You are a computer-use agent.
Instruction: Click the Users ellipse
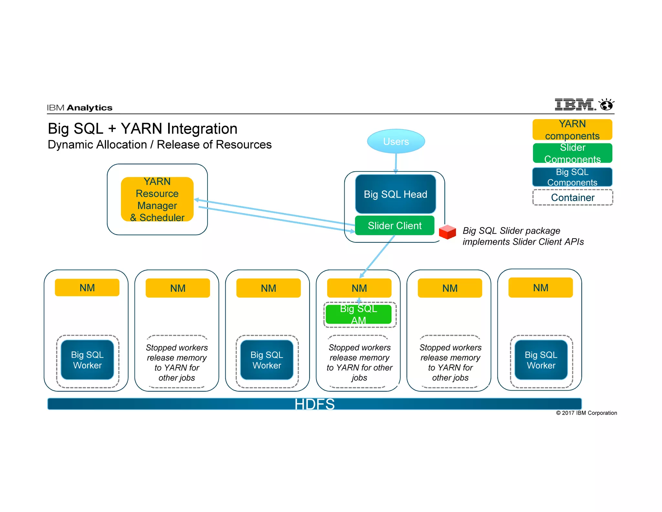[x=396, y=141]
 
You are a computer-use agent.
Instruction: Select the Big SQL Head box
[x=395, y=194]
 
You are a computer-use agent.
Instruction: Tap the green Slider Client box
[x=394, y=226]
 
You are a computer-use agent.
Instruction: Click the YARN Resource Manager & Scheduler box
[x=157, y=199]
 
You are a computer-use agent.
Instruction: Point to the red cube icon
[x=447, y=232]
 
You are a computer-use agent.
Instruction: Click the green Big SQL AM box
[x=358, y=314]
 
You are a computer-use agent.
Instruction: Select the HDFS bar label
[x=314, y=404]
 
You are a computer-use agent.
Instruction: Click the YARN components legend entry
[x=572, y=129]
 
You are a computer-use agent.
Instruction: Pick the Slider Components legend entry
[x=572, y=153]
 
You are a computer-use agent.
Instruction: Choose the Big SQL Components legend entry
[x=572, y=177]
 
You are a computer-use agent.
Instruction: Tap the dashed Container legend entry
[x=572, y=197]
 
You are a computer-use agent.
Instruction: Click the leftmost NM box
[x=87, y=288]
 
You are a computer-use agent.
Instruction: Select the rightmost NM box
[x=540, y=288]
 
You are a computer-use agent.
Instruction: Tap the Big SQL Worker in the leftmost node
[x=87, y=360]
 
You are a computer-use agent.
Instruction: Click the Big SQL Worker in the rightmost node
[x=541, y=360]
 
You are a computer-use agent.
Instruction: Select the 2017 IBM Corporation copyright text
[x=586, y=413]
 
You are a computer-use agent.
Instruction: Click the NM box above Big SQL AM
[x=359, y=288]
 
